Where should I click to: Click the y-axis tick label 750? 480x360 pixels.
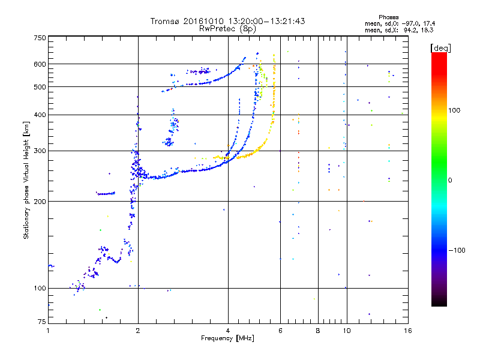40,38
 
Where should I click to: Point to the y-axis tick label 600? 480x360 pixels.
40,64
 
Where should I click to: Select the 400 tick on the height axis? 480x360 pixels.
40,115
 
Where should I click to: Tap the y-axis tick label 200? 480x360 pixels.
40,201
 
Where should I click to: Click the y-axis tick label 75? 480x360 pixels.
41,322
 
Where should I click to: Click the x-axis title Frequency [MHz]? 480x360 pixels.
228,338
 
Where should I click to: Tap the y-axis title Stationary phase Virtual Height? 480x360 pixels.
26,180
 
